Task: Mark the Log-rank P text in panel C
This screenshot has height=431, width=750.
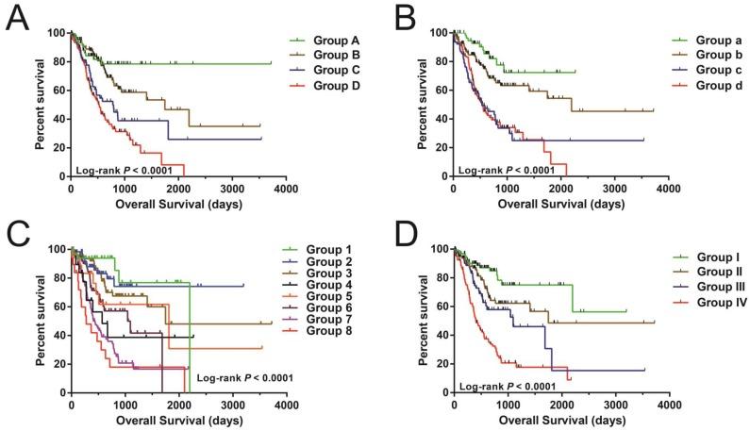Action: pyautogui.click(x=245, y=378)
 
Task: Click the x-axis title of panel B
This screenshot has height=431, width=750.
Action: pyautogui.click(x=560, y=204)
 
